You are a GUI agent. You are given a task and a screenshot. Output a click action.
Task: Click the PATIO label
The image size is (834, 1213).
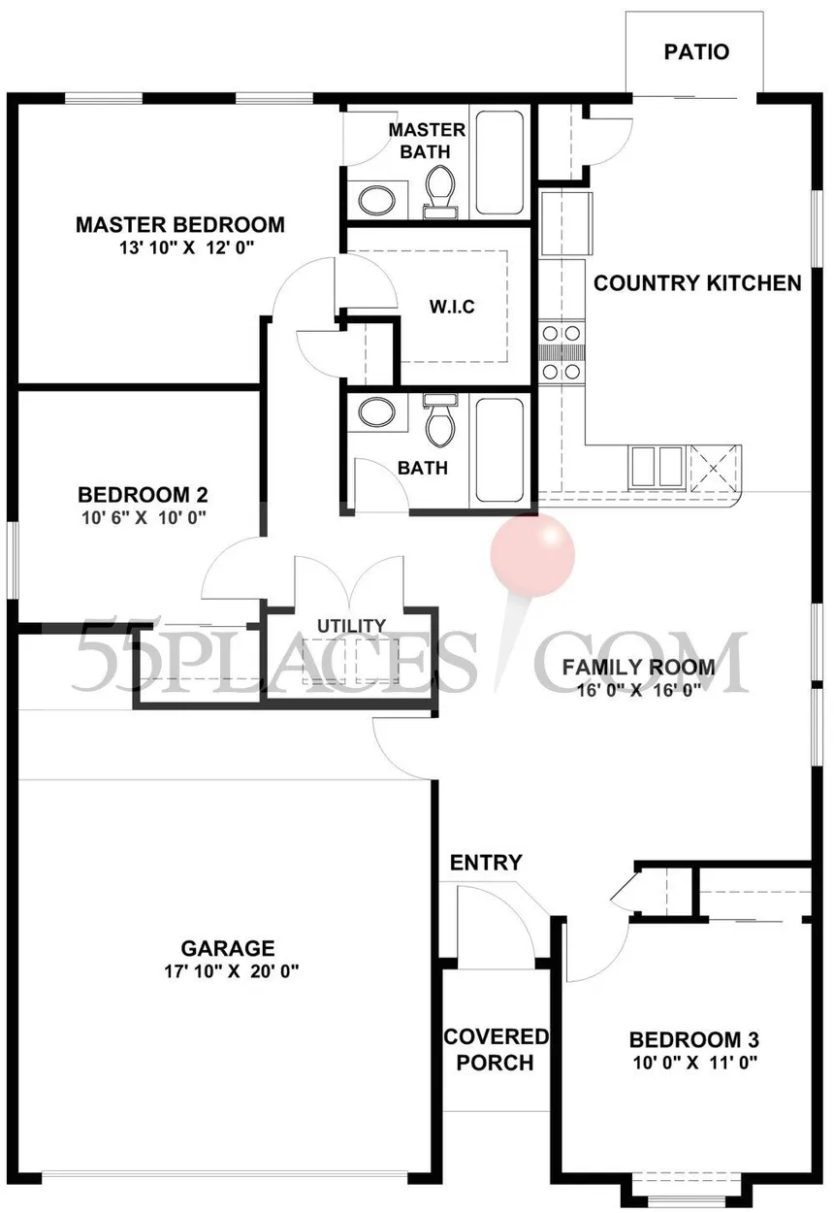696,52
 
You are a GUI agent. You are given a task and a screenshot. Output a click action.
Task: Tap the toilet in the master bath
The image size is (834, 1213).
439,191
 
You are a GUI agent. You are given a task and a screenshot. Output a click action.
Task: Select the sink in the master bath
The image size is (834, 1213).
376,200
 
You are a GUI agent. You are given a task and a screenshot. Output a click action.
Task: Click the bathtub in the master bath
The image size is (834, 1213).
499,162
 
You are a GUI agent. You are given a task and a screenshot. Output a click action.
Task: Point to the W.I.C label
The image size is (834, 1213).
452,307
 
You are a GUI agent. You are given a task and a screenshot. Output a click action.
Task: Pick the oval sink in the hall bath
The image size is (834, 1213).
376,412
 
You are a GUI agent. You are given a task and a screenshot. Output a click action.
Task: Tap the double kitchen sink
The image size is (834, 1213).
656,466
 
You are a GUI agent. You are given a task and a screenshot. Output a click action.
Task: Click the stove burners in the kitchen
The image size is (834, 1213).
561,352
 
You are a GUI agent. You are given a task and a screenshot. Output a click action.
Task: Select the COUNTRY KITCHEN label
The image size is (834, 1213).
697,283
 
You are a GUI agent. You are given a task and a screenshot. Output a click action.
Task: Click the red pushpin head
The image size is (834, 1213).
532,554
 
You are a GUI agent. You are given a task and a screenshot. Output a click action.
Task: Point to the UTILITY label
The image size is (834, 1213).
351,626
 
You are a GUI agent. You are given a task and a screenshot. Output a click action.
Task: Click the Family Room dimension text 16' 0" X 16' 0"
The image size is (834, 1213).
639,690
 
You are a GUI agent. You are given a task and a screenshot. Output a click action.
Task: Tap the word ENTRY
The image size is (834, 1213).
486,863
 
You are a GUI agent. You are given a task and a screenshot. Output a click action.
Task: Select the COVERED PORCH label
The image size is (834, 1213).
496,1050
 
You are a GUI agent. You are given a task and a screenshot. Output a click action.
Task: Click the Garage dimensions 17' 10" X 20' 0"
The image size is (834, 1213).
232,971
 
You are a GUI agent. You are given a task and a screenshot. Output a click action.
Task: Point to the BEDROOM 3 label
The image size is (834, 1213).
693,1039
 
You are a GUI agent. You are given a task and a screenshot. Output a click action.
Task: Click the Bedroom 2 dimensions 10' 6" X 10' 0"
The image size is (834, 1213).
144,518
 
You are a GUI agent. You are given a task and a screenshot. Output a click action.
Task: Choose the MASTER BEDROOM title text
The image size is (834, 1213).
180,225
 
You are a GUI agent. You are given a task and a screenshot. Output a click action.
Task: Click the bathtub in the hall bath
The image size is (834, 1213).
499,450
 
